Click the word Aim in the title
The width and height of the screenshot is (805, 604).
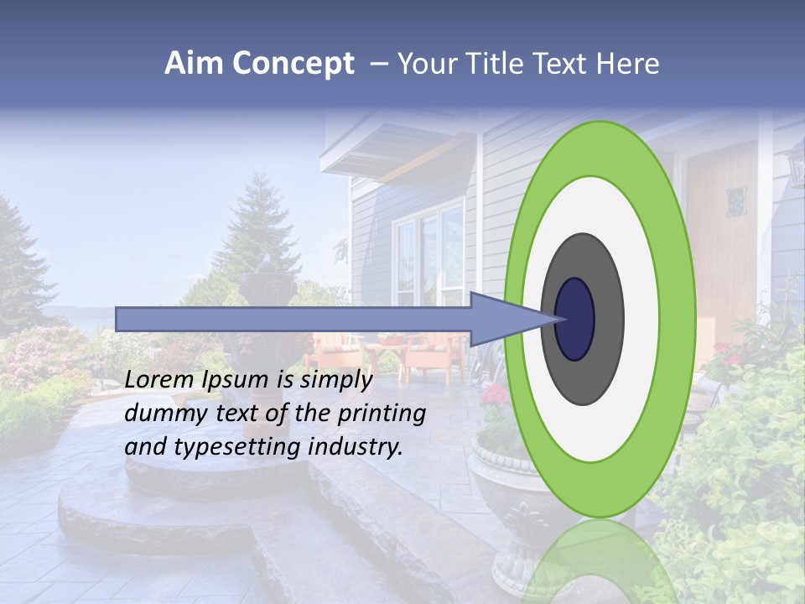[x=194, y=64]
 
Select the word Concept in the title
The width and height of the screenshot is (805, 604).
[x=293, y=65]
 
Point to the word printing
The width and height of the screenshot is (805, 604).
[x=382, y=414]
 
